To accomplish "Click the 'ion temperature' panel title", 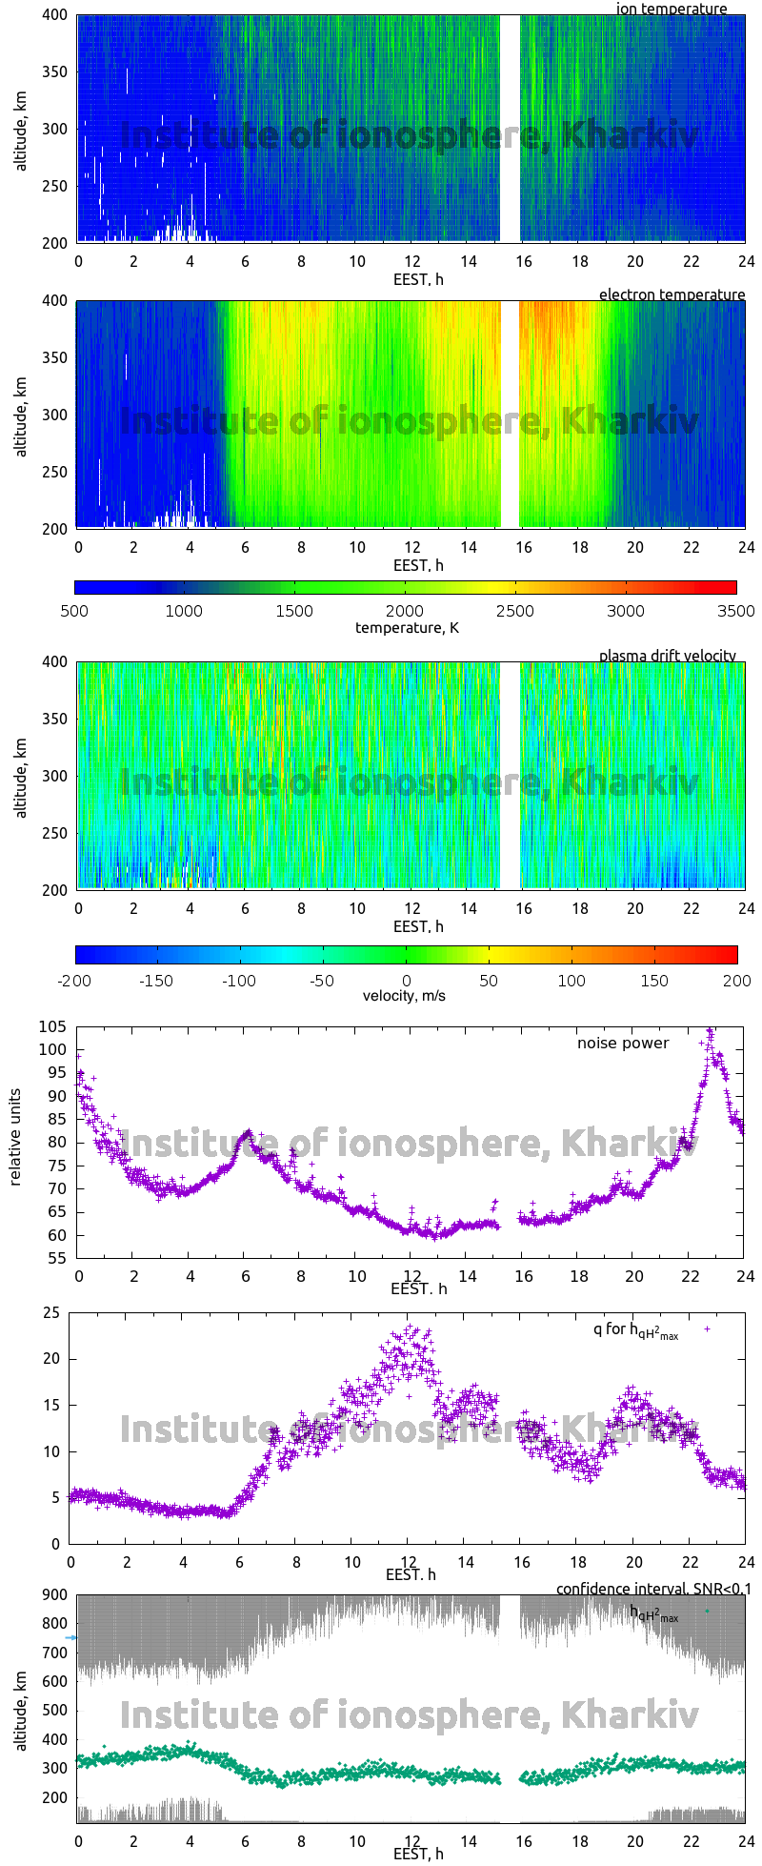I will click(x=672, y=9).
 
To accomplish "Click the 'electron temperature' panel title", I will click(x=672, y=294).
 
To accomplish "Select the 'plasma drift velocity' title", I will click(x=667, y=656).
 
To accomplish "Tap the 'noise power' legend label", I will click(x=623, y=1044).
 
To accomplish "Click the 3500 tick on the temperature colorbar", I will click(x=736, y=611).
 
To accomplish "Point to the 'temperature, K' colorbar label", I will click(x=407, y=627).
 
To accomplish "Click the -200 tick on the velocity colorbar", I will click(x=74, y=980).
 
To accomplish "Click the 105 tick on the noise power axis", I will click(x=52, y=1026).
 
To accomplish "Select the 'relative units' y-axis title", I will click(x=16, y=1141).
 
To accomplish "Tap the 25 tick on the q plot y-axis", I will click(x=51, y=1313).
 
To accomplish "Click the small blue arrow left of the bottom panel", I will click(x=70, y=1637).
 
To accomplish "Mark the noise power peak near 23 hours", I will click(x=709, y=1030).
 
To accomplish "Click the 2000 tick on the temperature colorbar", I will click(x=405, y=611).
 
